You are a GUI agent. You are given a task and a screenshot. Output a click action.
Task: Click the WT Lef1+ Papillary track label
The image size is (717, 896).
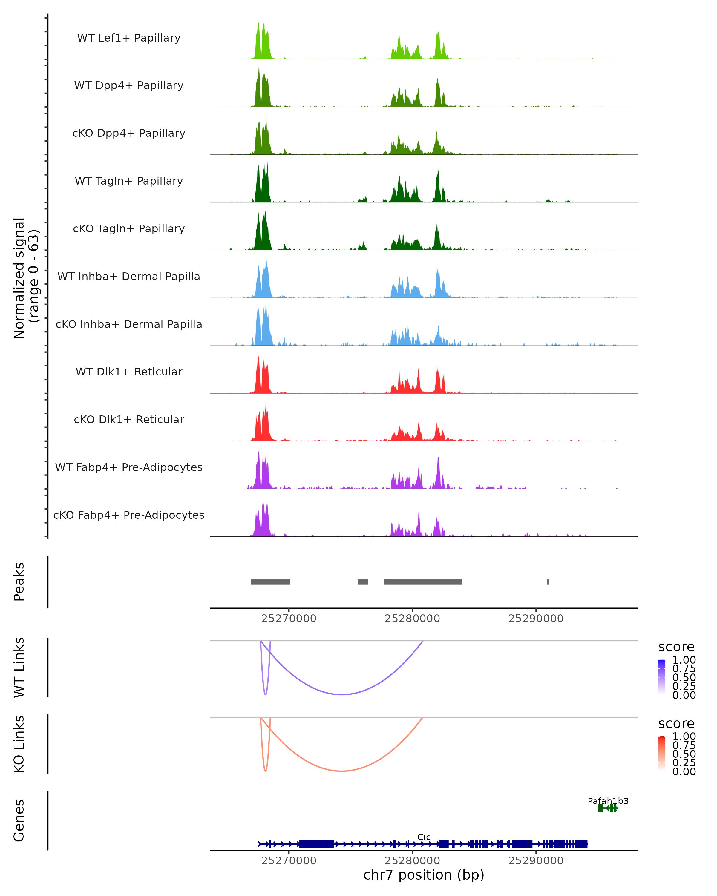(129, 38)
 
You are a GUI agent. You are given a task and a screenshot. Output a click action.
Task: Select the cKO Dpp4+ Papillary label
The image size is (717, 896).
(129, 133)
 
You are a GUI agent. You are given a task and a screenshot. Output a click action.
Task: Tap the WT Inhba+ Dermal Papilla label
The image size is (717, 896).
(129, 276)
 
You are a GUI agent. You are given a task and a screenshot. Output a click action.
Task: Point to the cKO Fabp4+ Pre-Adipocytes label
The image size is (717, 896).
(129, 515)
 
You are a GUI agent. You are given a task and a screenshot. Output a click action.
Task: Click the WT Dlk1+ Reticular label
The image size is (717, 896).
(129, 372)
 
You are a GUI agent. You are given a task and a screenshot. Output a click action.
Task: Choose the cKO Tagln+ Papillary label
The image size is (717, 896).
(129, 228)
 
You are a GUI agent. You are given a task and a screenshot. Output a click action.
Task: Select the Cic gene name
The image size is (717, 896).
(424, 837)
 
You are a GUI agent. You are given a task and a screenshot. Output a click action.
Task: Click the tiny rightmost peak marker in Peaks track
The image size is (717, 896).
(548, 582)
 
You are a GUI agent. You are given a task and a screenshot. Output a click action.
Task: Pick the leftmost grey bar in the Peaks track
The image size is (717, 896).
(270, 582)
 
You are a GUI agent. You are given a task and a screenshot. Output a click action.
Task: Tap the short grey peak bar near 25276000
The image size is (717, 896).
(363, 582)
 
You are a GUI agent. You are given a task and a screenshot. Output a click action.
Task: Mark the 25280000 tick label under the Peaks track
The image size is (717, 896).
(412, 619)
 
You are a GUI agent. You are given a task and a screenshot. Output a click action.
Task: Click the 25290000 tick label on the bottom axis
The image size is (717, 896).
(536, 860)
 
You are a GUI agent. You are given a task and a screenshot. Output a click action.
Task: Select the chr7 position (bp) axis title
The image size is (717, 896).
(424, 875)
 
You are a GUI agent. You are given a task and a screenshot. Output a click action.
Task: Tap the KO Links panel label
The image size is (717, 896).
(19, 744)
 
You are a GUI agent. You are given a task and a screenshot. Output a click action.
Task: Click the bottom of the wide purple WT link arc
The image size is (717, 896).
(342, 694)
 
